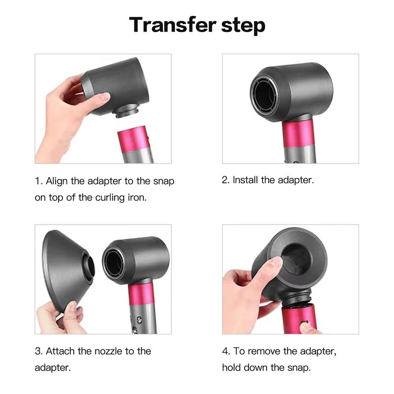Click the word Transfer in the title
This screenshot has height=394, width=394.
click(173, 24)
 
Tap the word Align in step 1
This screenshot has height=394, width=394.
click(57, 181)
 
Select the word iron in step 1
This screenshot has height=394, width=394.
click(137, 197)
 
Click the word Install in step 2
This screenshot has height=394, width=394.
click(245, 180)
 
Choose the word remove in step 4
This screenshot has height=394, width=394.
click(264, 351)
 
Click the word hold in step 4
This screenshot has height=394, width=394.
click(231, 367)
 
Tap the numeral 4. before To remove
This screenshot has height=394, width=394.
click(226, 351)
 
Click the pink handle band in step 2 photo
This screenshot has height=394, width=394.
click(297, 134)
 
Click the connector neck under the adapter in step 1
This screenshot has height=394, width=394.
click(128, 111)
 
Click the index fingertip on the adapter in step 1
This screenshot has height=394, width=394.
click(104, 97)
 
